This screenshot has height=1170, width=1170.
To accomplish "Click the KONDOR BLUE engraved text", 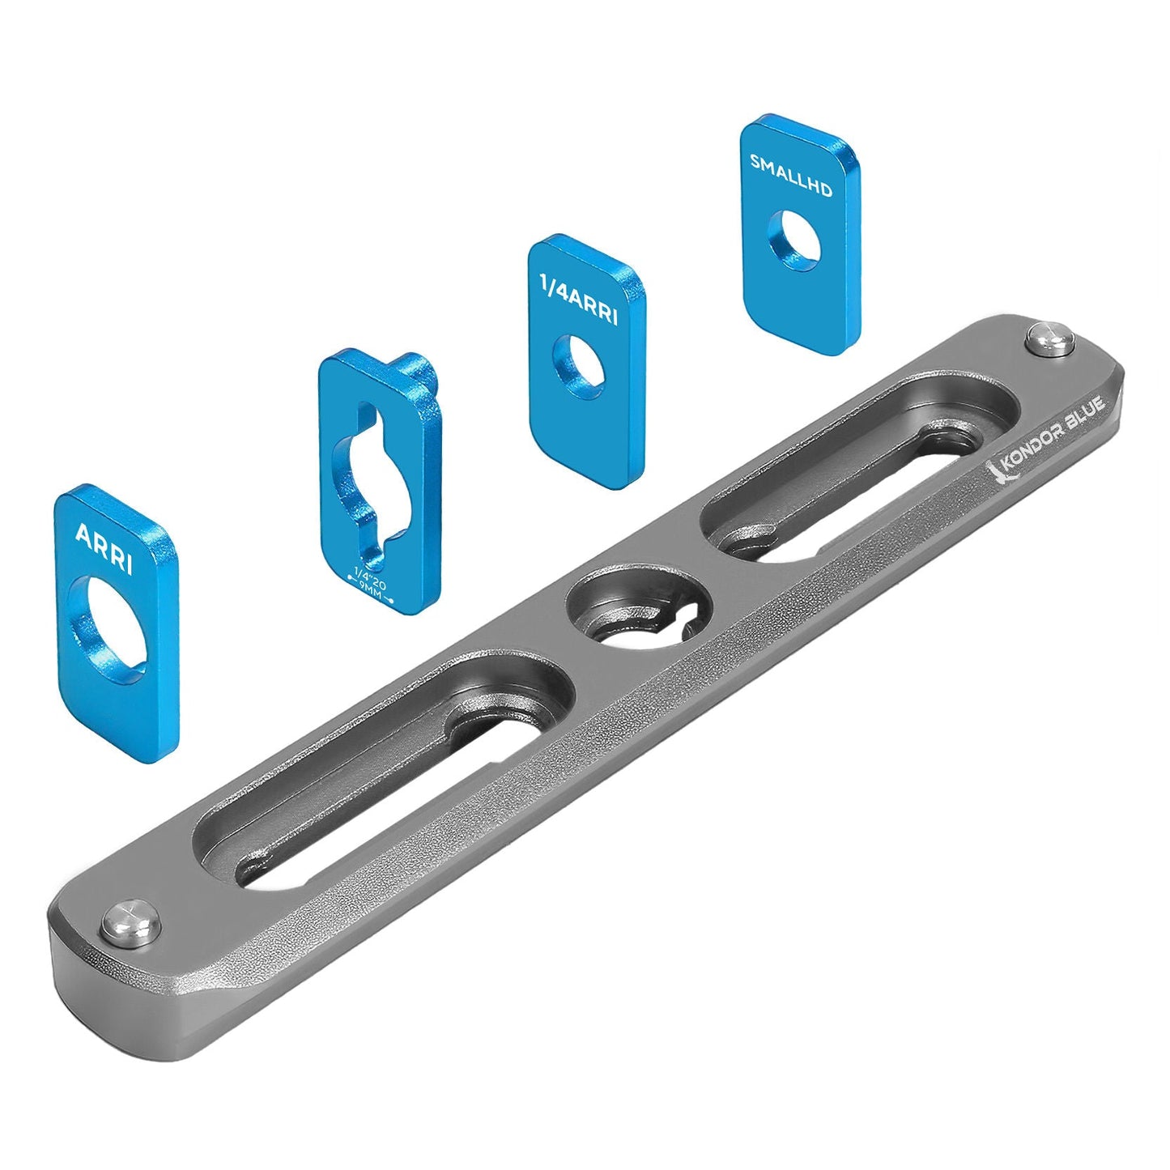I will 1053,438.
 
